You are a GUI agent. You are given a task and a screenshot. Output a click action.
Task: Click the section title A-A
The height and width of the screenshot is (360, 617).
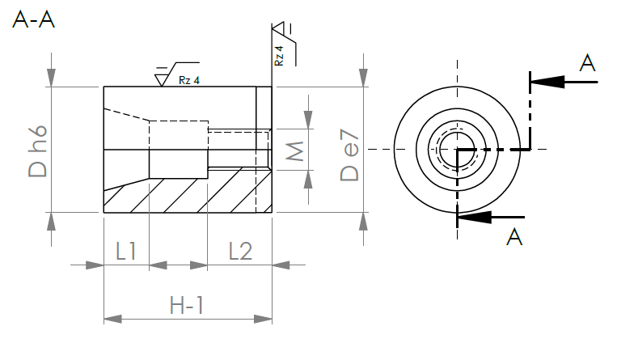point(33,19)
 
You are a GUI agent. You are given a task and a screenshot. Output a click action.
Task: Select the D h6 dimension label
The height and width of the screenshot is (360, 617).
point(38,151)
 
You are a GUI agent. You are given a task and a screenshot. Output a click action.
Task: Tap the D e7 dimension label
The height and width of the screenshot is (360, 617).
point(349,155)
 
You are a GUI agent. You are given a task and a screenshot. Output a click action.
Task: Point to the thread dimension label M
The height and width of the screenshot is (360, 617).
point(294,151)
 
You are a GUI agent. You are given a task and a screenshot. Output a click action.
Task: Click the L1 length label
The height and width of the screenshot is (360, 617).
point(126,251)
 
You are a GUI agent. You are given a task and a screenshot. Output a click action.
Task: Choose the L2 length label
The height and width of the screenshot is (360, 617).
point(240,251)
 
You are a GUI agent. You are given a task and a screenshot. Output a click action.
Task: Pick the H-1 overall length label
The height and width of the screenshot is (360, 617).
point(187,305)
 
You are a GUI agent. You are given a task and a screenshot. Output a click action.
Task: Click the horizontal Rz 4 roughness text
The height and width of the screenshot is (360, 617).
point(189,80)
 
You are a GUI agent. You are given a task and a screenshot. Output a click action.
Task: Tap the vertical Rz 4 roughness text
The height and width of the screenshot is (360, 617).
point(279,56)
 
